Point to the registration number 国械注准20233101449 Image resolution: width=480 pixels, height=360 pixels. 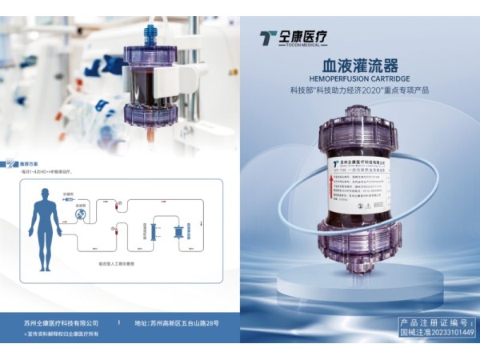(437, 333)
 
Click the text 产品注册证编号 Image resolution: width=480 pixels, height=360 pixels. (437, 322)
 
